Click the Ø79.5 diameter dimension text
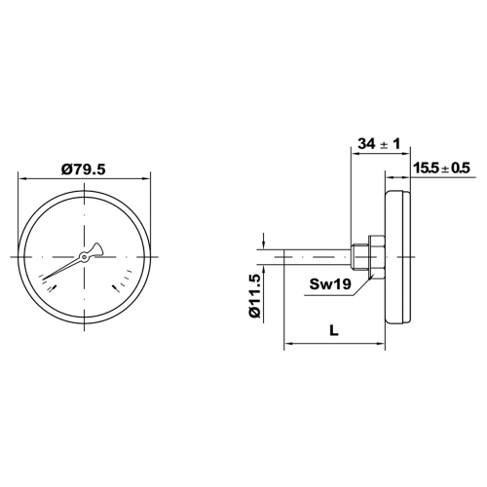[83, 169]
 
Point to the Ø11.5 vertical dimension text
[255, 297]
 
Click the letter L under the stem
[334, 331]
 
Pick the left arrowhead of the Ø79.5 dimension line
[22, 177]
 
